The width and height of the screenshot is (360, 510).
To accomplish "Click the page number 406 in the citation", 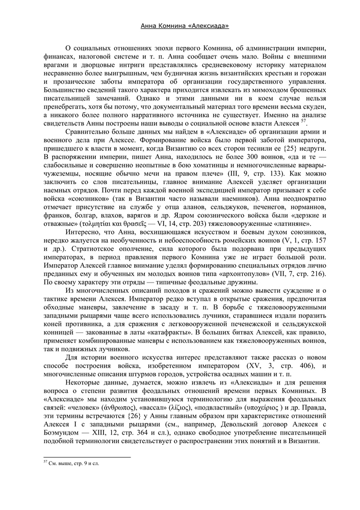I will click(x=305, y=368).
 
